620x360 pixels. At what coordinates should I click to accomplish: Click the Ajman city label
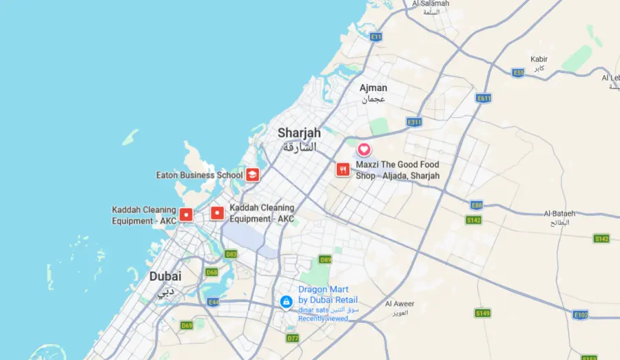373,88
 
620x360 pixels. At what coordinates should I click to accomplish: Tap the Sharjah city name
299,133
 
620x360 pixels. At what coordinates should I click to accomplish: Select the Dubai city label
165,276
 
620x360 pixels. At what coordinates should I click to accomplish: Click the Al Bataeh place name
559,213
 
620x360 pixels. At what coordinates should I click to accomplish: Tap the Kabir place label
539,59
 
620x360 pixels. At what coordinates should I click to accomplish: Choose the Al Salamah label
431,3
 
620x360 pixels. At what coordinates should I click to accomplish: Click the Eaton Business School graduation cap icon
253,175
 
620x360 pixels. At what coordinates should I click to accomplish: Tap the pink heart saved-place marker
364,149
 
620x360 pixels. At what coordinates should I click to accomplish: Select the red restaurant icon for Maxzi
342,169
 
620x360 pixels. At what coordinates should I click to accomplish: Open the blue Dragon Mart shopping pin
286,301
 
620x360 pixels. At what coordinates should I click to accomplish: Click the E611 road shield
484,98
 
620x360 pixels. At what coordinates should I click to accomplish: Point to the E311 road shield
414,122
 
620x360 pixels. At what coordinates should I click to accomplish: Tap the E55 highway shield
519,72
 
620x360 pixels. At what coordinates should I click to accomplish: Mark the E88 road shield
476,205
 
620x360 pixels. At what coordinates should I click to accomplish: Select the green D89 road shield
325,260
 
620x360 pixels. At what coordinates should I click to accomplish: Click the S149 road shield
482,313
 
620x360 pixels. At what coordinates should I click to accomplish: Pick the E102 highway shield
581,315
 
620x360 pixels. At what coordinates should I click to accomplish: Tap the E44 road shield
214,302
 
